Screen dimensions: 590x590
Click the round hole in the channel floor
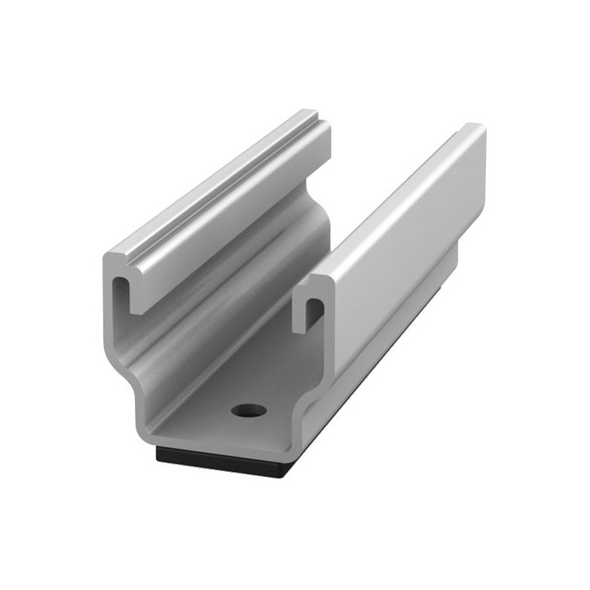pyautogui.click(x=248, y=410)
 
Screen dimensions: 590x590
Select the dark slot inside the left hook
pyautogui.click(x=120, y=291)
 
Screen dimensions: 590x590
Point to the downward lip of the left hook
pyautogui.click(x=136, y=299)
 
